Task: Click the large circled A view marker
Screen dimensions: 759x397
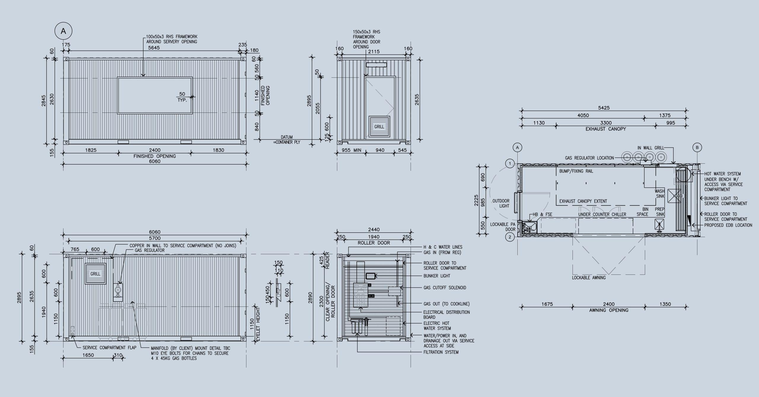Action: pyautogui.click(x=63, y=31)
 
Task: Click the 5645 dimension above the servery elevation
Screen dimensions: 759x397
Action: pyautogui.click(x=154, y=48)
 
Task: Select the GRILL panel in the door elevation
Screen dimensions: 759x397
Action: pyautogui.click(x=379, y=127)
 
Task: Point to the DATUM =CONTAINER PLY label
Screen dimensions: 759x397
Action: pyautogui.click(x=286, y=140)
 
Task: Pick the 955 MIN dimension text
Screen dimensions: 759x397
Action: pyautogui.click(x=352, y=150)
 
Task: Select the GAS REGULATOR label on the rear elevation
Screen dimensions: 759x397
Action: pyautogui.click(x=150, y=250)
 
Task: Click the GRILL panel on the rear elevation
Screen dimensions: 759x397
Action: pyautogui.click(x=95, y=274)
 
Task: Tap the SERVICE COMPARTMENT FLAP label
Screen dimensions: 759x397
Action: pyautogui.click(x=109, y=348)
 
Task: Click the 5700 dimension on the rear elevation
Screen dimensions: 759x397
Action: pyautogui.click(x=154, y=238)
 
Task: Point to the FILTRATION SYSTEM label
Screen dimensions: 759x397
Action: pyautogui.click(x=441, y=352)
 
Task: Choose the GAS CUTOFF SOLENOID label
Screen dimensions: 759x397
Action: pyautogui.click(x=445, y=287)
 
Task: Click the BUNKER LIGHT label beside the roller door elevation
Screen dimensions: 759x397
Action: pyautogui.click(x=437, y=276)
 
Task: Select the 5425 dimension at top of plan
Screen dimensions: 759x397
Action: pyautogui.click(x=604, y=108)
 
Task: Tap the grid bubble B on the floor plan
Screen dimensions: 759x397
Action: pyautogui.click(x=697, y=147)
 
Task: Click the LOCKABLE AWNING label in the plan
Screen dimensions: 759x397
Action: pyautogui.click(x=589, y=278)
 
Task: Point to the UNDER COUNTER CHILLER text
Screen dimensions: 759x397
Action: pyautogui.click(x=602, y=214)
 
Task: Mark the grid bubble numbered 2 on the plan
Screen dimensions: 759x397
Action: pyautogui.click(x=510, y=237)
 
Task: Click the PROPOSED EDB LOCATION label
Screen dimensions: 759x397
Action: pyautogui.click(x=728, y=225)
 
